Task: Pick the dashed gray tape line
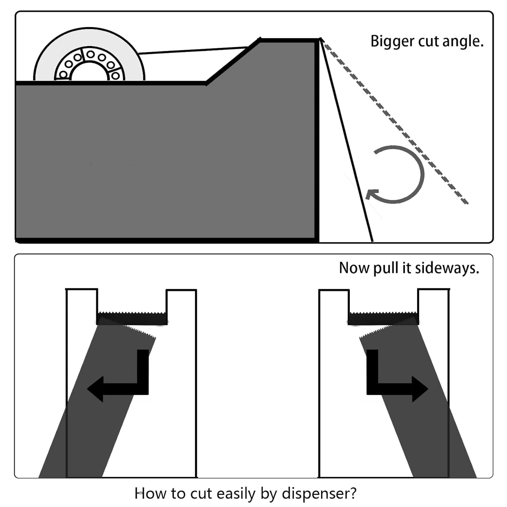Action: point(396,123)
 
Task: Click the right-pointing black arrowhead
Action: point(420,389)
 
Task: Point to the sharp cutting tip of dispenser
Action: point(320,39)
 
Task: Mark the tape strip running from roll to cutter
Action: point(193,51)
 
